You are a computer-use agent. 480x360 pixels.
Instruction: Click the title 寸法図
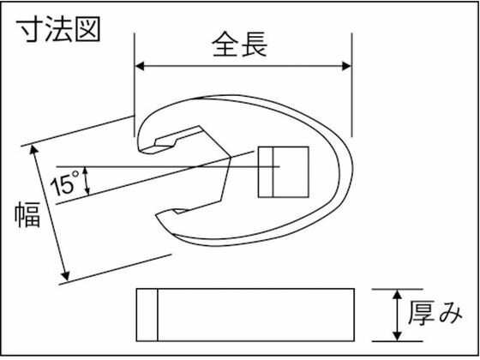pyautogui.click(x=58, y=30)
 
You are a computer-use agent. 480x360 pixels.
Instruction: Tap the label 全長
pyautogui.click(x=240, y=45)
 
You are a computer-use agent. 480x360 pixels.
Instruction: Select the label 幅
pyautogui.click(x=27, y=214)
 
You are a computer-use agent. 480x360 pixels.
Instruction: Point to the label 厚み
pyautogui.click(x=435, y=314)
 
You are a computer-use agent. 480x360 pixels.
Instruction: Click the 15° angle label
pyautogui.click(x=64, y=184)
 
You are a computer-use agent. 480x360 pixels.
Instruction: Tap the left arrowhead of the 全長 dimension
pyautogui.click(x=140, y=66)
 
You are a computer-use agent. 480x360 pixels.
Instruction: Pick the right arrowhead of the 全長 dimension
pyautogui.click(x=346, y=66)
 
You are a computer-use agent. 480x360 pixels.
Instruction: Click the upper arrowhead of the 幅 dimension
pyautogui.click(x=34, y=150)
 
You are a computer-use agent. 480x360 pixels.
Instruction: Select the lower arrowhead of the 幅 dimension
pyautogui.click(x=65, y=275)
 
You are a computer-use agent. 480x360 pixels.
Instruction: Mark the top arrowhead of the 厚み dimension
pyautogui.click(x=397, y=295)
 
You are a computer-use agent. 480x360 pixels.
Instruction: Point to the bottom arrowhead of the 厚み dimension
pyautogui.click(x=397, y=336)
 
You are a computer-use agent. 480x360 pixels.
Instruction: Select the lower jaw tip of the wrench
pyautogui.click(x=159, y=217)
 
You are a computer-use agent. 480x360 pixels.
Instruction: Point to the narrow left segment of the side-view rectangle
pyautogui.click(x=147, y=315)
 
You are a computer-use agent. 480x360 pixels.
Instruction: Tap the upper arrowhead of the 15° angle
pyautogui.click(x=86, y=171)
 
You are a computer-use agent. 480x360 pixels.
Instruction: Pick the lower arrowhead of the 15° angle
pyautogui.click(x=87, y=190)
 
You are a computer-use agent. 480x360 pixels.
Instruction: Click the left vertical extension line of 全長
pyautogui.click(x=135, y=85)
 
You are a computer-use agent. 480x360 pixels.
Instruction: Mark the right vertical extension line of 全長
pyautogui.click(x=351, y=85)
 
